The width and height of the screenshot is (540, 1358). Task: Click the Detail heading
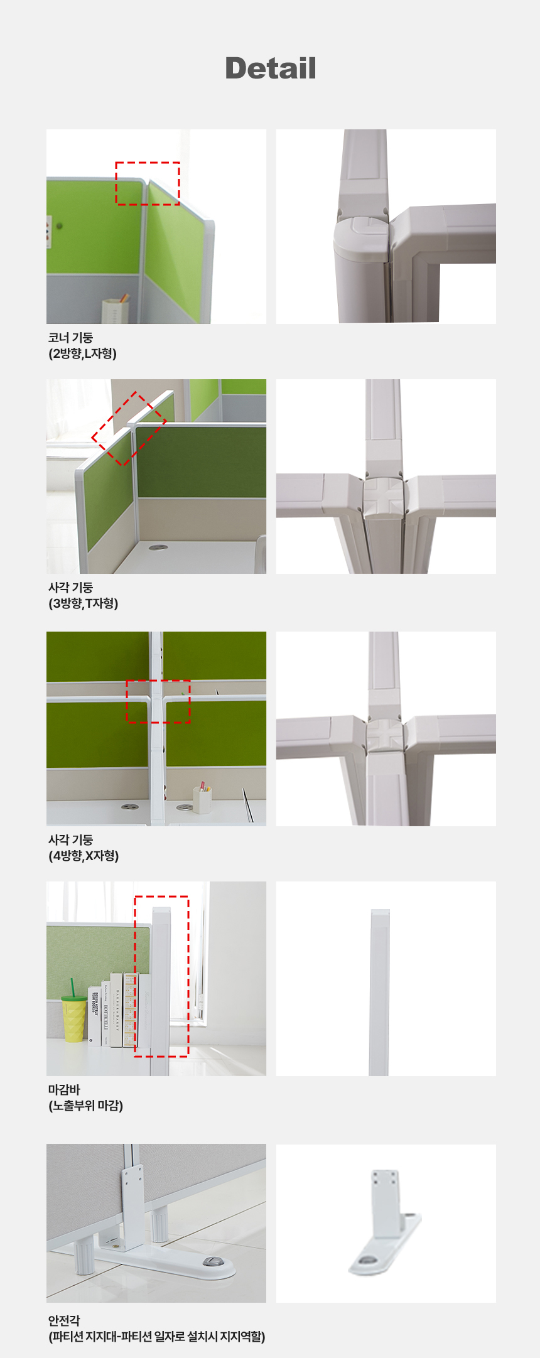[270, 68]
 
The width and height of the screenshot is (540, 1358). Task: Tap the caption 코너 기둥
[70, 338]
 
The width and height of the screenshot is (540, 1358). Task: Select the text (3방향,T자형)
[84, 603]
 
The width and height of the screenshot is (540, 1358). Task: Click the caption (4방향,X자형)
[84, 856]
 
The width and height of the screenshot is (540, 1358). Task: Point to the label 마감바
[64, 1090]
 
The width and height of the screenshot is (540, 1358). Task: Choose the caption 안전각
[64, 1320]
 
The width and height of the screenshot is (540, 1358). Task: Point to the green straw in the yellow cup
[72, 987]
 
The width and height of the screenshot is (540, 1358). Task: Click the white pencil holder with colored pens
[202, 799]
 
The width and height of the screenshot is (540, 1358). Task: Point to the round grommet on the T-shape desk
[158, 547]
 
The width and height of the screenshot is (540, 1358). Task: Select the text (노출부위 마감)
[86, 1106]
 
